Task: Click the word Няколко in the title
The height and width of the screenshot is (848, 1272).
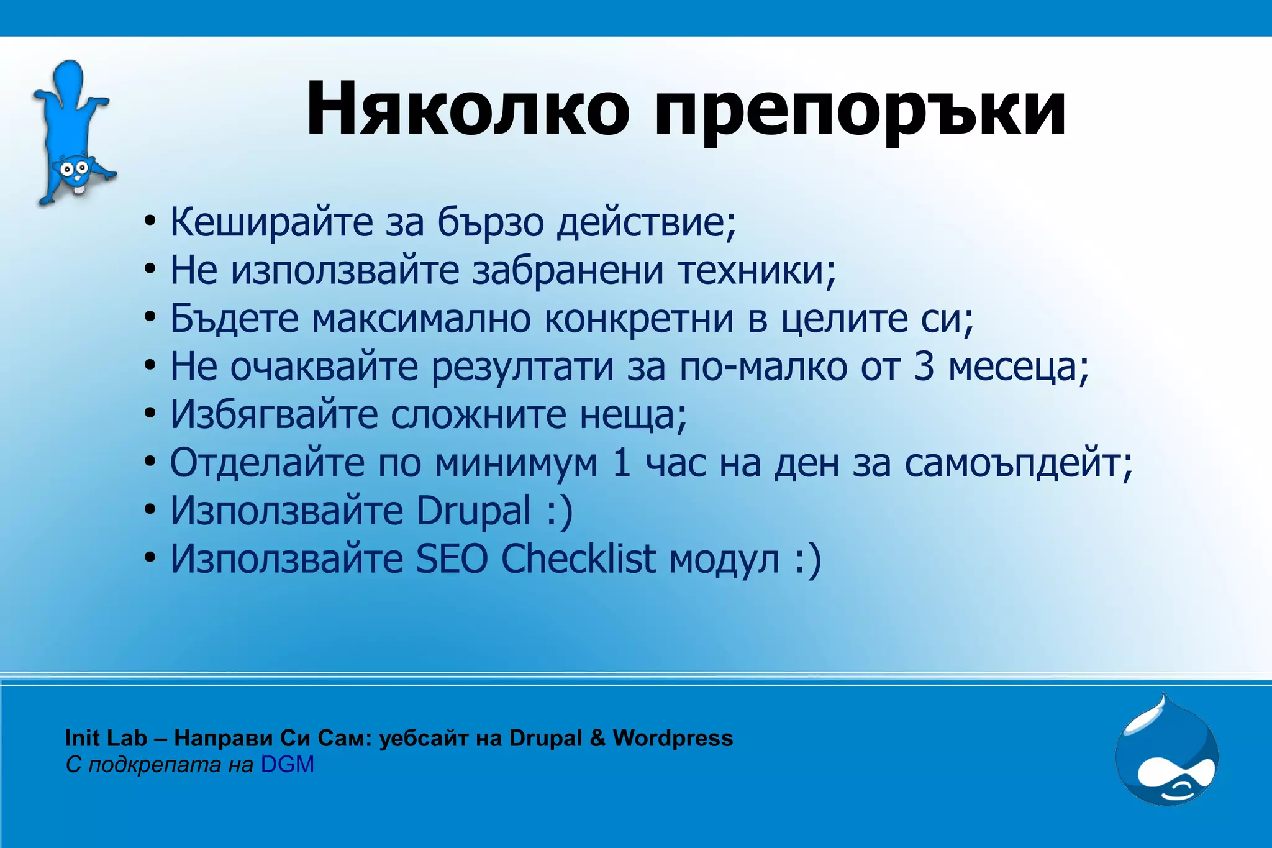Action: click(x=468, y=109)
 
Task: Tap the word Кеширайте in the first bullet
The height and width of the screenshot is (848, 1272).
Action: click(x=271, y=222)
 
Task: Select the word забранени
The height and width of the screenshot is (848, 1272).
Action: click(x=568, y=271)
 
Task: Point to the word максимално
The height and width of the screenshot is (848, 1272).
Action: click(x=421, y=319)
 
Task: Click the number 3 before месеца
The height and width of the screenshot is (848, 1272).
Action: click(x=924, y=367)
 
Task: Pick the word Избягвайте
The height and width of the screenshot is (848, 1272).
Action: click(x=274, y=415)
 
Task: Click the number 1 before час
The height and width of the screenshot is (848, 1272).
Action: click(x=622, y=463)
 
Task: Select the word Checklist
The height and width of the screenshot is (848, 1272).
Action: click(x=578, y=558)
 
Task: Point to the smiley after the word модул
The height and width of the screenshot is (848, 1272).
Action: click(x=808, y=560)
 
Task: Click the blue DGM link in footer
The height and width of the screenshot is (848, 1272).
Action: click(x=287, y=765)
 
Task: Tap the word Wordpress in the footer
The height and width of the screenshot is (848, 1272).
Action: click(x=673, y=738)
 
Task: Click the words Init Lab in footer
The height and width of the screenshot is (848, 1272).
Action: click(x=106, y=738)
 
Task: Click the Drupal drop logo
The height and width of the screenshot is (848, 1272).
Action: click(x=1166, y=752)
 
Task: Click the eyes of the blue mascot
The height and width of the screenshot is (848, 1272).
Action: click(x=74, y=168)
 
